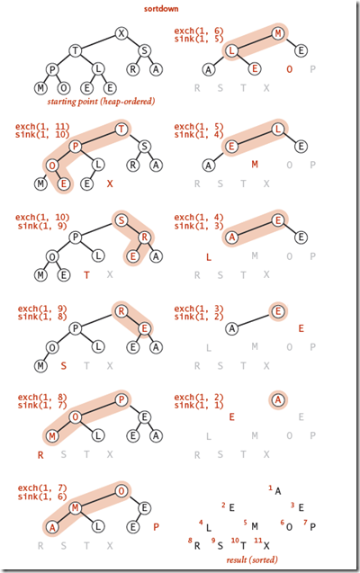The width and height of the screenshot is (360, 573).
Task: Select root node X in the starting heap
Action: [x=121, y=34]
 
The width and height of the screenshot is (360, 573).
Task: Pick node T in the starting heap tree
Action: [x=76, y=49]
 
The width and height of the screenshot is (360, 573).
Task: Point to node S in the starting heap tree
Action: [x=145, y=49]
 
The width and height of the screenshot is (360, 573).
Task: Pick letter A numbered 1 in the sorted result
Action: [x=278, y=491]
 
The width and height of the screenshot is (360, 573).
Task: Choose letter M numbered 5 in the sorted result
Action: [x=255, y=525]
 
